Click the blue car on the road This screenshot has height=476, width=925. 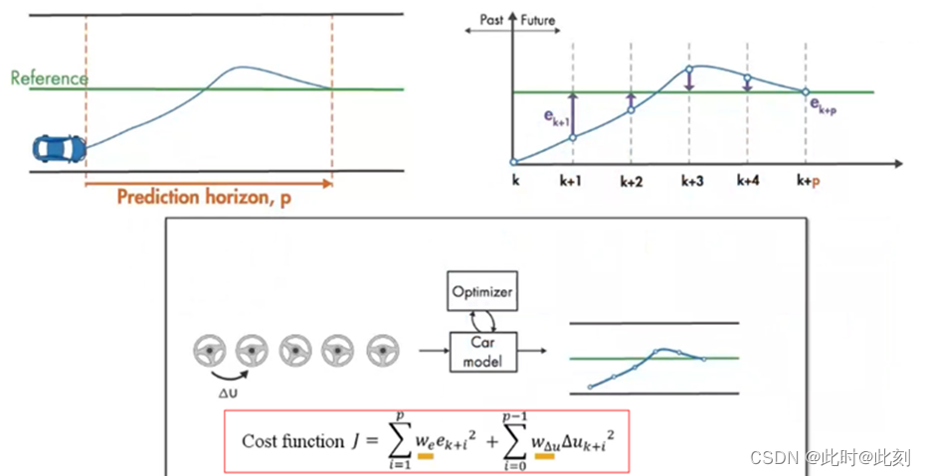tap(59, 149)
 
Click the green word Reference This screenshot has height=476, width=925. tap(49, 78)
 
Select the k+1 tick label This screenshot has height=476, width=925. tap(572, 182)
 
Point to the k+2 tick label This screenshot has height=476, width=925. tap(632, 182)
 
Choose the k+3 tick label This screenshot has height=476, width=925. tap(691, 182)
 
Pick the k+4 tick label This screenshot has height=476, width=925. tap(748, 182)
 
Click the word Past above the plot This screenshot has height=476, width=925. tap(487, 19)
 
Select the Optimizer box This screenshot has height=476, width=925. tap(482, 293)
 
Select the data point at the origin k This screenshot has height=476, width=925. tap(513, 162)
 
